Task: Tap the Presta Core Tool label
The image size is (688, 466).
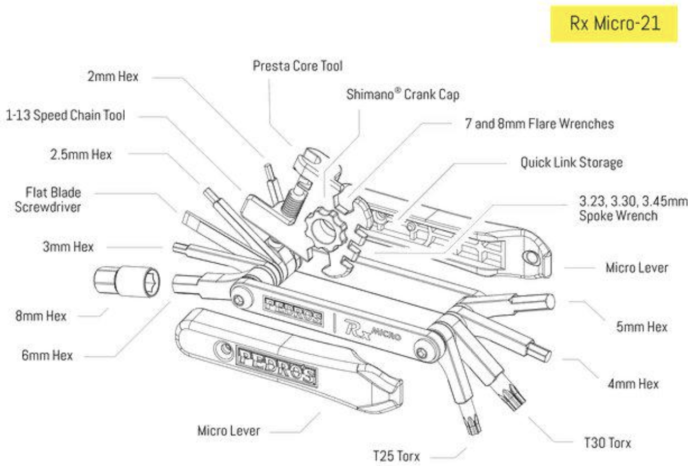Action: (297, 66)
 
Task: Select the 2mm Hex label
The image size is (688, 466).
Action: (113, 76)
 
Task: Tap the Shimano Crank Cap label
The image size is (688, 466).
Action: (404, 94)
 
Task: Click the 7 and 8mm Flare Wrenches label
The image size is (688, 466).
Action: (538, 123)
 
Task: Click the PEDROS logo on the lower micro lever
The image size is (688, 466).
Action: (275, 365)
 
